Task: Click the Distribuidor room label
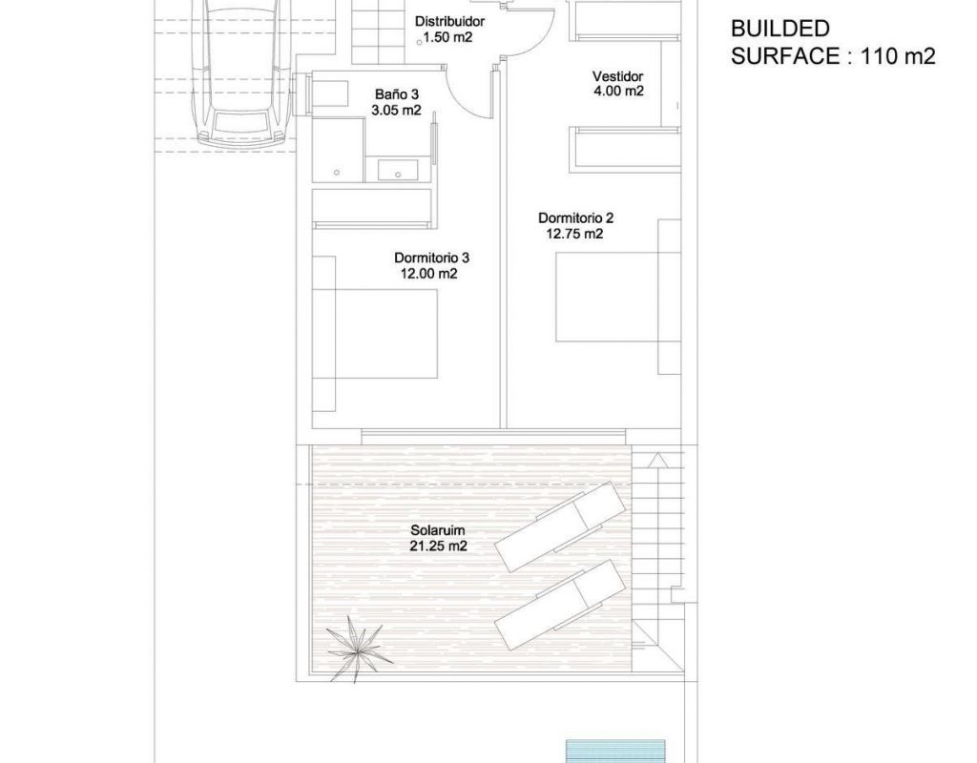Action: [x=449, y=22]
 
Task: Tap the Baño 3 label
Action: [x=396, y=94]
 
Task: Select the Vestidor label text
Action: [x=617, y=76]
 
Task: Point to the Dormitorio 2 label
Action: [x=575, y=218]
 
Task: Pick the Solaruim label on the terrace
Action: [x=437, y=530]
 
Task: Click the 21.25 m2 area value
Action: [x=439, y=546]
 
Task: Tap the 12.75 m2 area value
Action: [x=574, y=235]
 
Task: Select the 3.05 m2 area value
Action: [x=396, y=111]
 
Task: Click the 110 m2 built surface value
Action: [x=898, y=56]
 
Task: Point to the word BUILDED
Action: [x=780, y=29]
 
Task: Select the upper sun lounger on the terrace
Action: [x=559, y=526]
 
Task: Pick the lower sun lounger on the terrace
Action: [x=559, y=605]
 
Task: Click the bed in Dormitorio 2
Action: [x=618, y=297]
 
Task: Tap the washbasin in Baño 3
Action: [x=398, y=170]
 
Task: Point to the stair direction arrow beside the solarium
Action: [x=656, y=462]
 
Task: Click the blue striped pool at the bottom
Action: [x=615, y=752]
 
